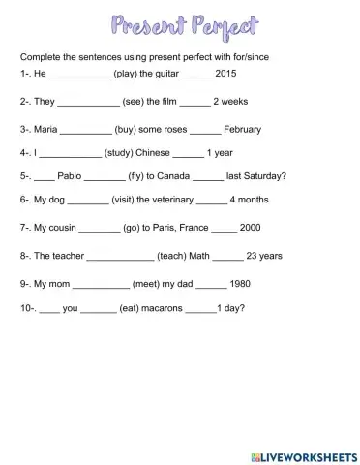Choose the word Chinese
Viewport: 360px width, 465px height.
157,152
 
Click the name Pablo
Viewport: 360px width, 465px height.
70,176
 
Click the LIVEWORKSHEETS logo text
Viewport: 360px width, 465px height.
306,454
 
